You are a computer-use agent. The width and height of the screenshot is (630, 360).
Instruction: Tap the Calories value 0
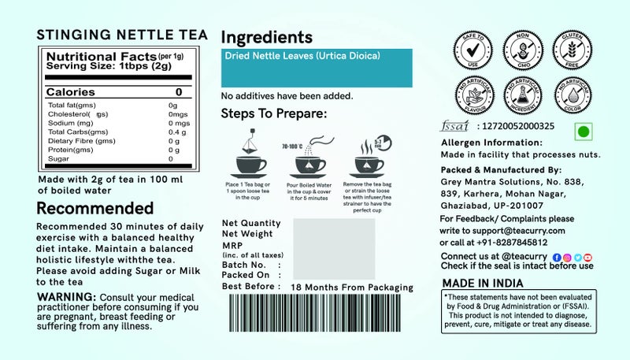tap(179, 92)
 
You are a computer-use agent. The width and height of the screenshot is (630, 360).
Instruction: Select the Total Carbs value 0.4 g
tap(176, 132)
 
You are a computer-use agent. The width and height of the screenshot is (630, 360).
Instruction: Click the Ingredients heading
tap(267, 37)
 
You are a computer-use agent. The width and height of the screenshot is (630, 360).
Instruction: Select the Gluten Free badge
tap(568, 46)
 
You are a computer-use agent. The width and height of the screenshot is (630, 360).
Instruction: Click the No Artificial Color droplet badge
tap(568, 95)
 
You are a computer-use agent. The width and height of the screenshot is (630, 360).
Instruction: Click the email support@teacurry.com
tap(524, 230)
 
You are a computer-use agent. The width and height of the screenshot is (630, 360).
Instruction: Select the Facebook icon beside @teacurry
tap(557, 257)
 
